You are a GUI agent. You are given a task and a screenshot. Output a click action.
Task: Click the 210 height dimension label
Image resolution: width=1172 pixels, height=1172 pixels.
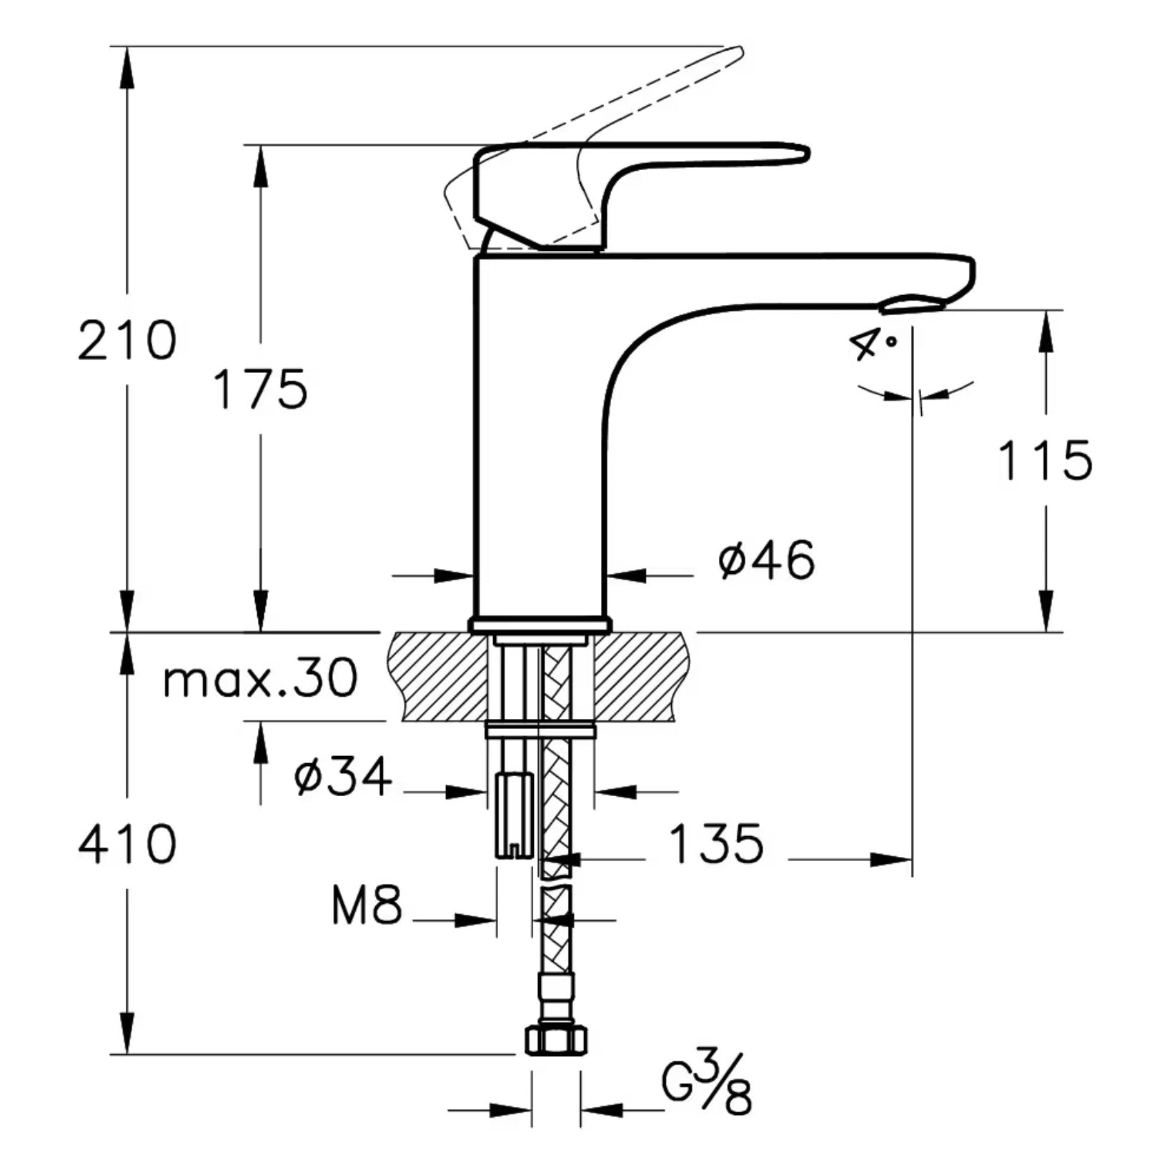[126, 340]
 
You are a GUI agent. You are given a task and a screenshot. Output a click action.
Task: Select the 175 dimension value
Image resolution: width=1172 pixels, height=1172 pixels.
[261, 390]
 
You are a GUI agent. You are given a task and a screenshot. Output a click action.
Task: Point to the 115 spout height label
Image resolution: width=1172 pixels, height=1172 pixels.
[1045, 461]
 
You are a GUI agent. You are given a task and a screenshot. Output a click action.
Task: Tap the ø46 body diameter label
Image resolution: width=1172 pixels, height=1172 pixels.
[766, 560]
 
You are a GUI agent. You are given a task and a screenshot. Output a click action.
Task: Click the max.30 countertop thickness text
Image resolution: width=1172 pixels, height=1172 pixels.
[261, 679]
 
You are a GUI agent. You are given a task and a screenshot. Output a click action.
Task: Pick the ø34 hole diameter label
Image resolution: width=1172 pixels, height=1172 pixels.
[343, 777]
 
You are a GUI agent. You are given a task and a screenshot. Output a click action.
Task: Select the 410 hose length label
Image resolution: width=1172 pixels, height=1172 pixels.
[126, 845]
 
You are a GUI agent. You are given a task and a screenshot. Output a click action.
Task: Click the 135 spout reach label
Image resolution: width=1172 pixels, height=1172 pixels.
[716, 845]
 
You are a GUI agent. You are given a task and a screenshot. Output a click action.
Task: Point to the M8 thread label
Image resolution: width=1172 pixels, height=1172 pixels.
[367, 906]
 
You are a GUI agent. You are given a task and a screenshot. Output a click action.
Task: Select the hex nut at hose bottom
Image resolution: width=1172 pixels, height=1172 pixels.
[557, 1040]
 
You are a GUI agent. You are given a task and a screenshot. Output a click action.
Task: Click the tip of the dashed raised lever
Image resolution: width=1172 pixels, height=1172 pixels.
[740, 51]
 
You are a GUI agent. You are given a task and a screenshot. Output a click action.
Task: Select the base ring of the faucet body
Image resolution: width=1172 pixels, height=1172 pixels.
[540, 625]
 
